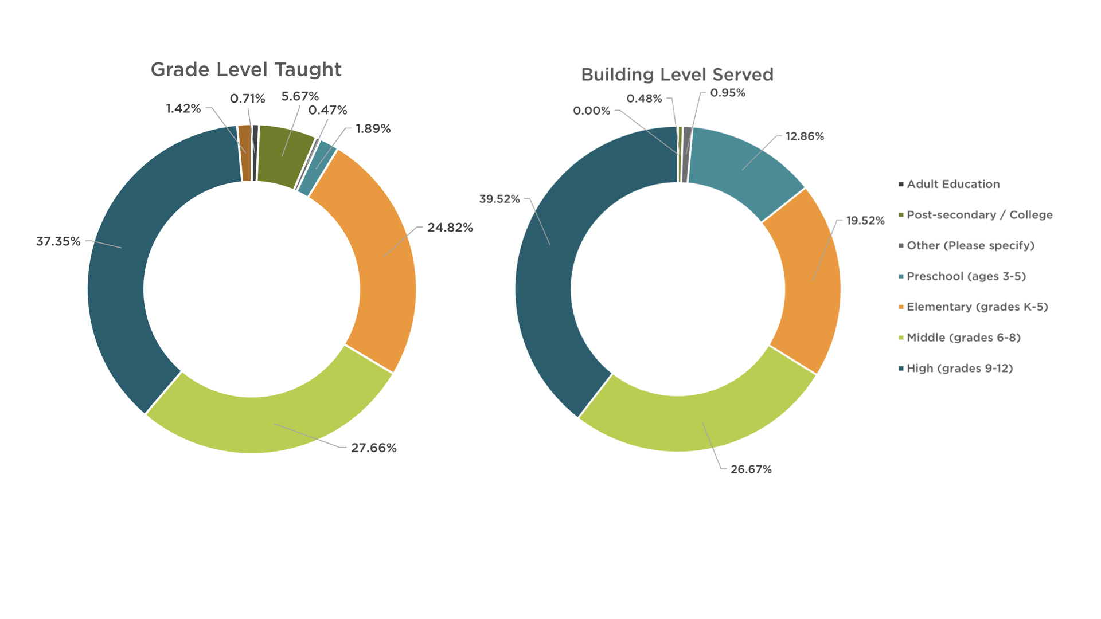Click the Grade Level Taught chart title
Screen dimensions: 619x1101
point(245,70)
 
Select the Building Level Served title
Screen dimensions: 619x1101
point(677,75)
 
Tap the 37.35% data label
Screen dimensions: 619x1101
point(58,241)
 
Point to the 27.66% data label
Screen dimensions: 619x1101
point(373,448)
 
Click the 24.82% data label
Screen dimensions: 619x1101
point(450,228)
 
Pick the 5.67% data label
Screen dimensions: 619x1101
point(299,96)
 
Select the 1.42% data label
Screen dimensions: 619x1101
point(183,108)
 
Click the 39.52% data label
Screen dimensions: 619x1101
point(499,199)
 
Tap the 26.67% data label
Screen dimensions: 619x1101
point(751,469)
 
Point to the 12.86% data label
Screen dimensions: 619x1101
point(804,136)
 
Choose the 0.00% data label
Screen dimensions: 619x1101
point(591,111)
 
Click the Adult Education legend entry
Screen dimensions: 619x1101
point(952,184)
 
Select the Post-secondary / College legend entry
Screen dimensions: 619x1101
point(979,215)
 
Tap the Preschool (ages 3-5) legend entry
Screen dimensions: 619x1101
point(966,276)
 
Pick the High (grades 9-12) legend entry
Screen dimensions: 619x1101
point(959,369)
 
